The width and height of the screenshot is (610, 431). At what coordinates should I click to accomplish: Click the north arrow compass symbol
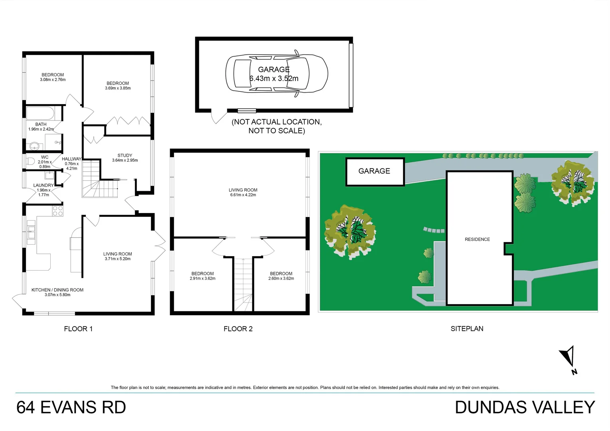[x=568, y=358]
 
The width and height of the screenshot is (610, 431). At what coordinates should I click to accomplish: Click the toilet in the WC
[x=30, y=161]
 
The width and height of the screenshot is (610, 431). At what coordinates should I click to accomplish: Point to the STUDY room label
[x=125, y=155]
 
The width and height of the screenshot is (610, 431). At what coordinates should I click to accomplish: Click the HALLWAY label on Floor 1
[x=71, y=159]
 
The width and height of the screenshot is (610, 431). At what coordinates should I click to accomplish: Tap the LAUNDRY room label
[x=43, y=185]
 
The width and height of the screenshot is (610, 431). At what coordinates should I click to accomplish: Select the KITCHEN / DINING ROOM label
[x=57, y=290]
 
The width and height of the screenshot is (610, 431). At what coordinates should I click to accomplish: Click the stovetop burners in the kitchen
[x=58, y=211]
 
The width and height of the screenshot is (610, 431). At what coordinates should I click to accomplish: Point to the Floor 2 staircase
[x=243, y=284]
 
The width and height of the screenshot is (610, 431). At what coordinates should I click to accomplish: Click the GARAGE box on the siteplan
[x=375, y=172]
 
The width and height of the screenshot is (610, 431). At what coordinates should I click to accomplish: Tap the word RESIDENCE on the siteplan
[x=477, y=239]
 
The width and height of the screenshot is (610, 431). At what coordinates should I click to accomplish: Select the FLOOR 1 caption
[x=78, y=329]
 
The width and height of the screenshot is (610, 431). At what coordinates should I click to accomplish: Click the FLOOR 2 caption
[x=238, y=329]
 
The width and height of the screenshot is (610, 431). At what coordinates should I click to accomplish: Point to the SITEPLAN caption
[x=467, y=329]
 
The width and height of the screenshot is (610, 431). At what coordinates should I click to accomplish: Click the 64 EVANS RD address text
[x=71, y=407]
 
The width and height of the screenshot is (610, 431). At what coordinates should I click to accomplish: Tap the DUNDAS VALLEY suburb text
[x=525, y=407]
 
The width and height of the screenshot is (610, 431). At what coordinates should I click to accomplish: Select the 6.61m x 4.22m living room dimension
[x=243, y=195]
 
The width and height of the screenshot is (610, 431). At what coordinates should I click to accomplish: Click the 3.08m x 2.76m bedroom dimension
[x=53, y=80]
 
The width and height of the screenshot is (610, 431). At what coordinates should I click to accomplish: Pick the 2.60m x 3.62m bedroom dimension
[x=281, y=279]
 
